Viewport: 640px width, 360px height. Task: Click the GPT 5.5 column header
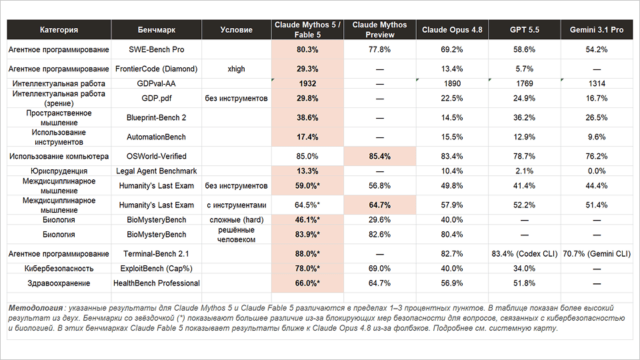[525, 30]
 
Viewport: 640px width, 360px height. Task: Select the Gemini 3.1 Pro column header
[597, 30]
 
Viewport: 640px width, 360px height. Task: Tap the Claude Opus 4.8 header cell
[452, 30]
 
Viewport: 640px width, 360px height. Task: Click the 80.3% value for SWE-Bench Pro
[307, 49]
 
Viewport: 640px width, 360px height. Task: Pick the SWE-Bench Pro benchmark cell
[156, 49]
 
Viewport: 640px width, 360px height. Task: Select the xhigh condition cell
[236, 69]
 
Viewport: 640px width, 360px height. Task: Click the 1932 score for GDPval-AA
[307, 84]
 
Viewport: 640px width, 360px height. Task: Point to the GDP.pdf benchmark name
[156, 99]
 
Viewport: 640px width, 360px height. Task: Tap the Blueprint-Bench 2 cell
[156, 117]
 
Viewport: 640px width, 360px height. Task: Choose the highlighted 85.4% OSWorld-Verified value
[379, 156]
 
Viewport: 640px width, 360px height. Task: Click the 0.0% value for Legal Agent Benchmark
[597, 171]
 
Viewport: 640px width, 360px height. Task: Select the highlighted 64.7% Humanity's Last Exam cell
[379, 205]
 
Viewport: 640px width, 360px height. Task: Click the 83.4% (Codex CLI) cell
[525, 254]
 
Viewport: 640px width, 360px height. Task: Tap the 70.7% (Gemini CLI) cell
[597, 254]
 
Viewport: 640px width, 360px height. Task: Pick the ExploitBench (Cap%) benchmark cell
[156, 269]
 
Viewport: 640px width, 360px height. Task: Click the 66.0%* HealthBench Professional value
[307, 283]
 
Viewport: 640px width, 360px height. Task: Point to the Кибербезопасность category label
[59, 269]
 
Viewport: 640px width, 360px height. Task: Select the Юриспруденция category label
[59, 171]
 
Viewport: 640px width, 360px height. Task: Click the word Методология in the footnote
[36, 308]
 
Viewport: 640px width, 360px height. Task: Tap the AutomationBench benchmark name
[156, 137]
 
